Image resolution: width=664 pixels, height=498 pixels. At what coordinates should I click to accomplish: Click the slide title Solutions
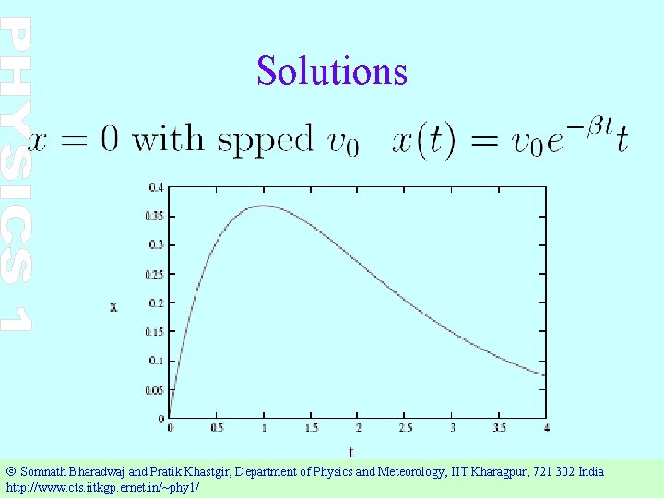pyautogui.click(x=332, y=70)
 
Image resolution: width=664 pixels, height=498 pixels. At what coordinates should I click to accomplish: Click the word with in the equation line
pyautogui.click(x=167, y=139)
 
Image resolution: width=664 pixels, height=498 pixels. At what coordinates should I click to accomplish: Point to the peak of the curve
pyautogui.click(x=264, y=205)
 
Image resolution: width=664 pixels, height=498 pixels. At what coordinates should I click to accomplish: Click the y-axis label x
pyautogui.click(x=113, y=306)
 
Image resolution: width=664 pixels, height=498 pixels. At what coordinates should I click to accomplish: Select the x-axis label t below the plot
pyautogui.click(x=350, y=451)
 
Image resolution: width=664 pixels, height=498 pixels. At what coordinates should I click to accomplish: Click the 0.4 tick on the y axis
pyautogui.click(x=157, y=187)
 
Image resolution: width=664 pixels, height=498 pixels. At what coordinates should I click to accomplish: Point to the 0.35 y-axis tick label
pyautogui.click(x=154, y=216)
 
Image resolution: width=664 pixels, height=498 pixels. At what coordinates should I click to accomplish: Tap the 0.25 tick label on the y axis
pyautogui.click(x=154, y=274)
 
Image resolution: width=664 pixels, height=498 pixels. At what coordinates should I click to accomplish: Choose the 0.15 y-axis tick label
pyautogui.click(x=154, y=331)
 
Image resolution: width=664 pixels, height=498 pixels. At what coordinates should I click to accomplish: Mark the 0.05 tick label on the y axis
pyautogui.click(x=154, y=389)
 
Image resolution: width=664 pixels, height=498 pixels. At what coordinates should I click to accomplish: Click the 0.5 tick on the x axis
pyautogui.click(x=217, y=428)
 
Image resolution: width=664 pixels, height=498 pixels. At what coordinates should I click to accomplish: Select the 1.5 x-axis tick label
pyautogui.click(x=311, y=428)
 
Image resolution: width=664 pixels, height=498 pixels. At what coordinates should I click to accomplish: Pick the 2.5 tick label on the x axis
pyautogui.click(x=406, y=428)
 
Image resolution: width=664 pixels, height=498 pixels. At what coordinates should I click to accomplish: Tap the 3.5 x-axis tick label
pyautogui.click(x=500, y=428)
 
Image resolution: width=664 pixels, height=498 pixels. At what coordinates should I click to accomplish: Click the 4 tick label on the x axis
pyautogui.click(x=546, y=428)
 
